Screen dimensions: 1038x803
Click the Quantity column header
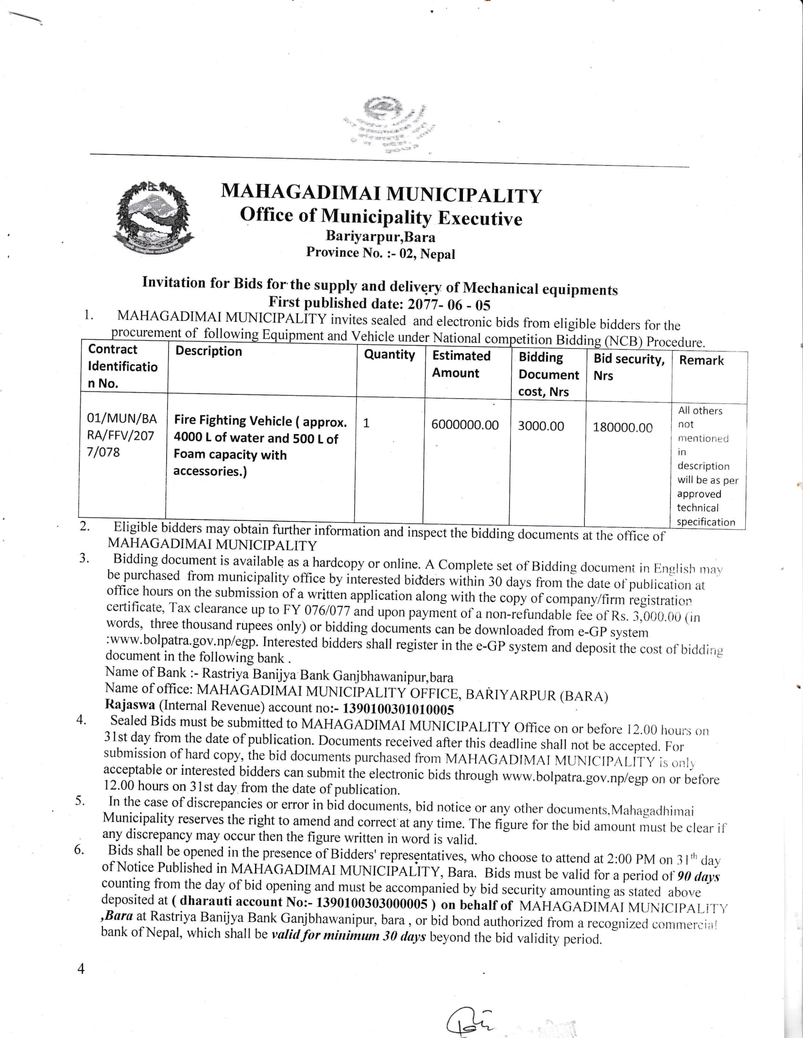(389, 354)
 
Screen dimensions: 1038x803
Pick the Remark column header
(701, 361)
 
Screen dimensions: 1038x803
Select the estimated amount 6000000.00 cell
(465, 425)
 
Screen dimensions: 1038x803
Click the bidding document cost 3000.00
(541, 426)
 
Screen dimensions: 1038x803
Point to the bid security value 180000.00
(622, 427)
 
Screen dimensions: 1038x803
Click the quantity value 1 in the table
(366, 423)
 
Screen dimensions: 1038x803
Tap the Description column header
(208, 351)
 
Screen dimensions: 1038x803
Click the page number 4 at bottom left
(81, 969)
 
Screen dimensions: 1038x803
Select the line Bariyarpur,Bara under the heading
(380, 236)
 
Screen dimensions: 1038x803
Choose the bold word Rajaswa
(130, 705)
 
